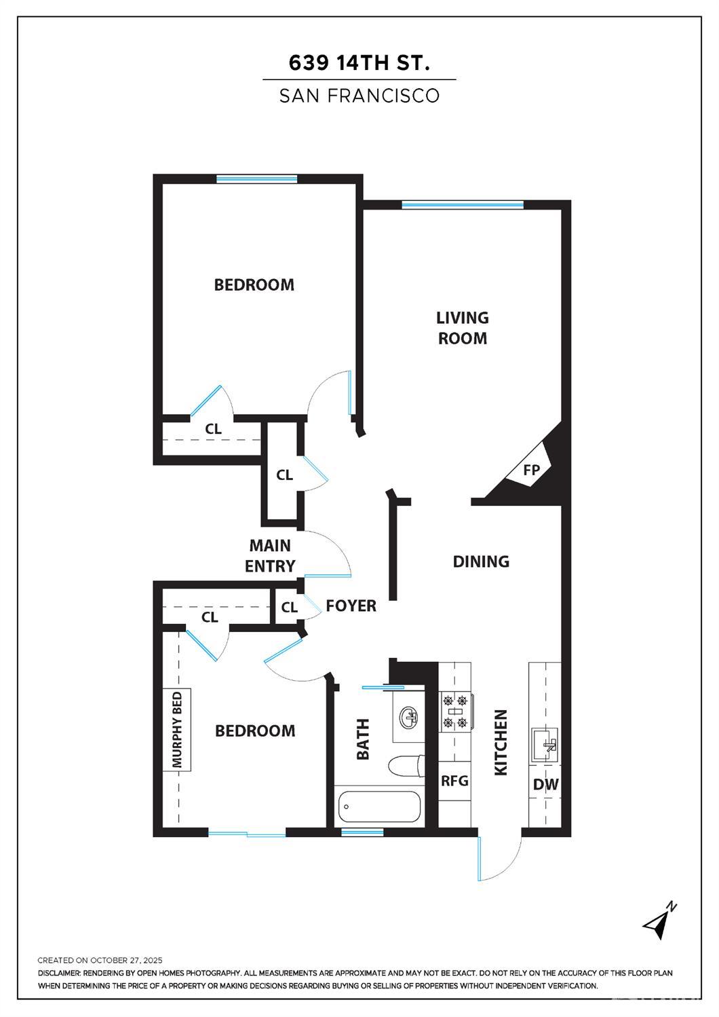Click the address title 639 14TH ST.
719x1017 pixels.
point(359,63)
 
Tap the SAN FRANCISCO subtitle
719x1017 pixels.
point(359,96)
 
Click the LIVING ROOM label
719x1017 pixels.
point(462,328)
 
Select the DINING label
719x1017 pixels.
point(481,561)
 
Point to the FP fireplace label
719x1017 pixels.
point(531,470)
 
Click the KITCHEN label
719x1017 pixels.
point(501,743)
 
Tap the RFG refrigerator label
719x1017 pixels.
point(454,781)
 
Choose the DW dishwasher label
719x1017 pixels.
point(545,784)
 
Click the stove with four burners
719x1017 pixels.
point(455,711)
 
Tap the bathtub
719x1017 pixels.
point(379,807)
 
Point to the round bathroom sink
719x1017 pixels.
point(410,718)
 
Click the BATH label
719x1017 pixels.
point(363,739)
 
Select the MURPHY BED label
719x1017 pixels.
point(177,730)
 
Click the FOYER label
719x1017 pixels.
point(351,606)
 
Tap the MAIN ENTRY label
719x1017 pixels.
point(270,556)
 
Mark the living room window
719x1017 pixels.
point(463,205)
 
